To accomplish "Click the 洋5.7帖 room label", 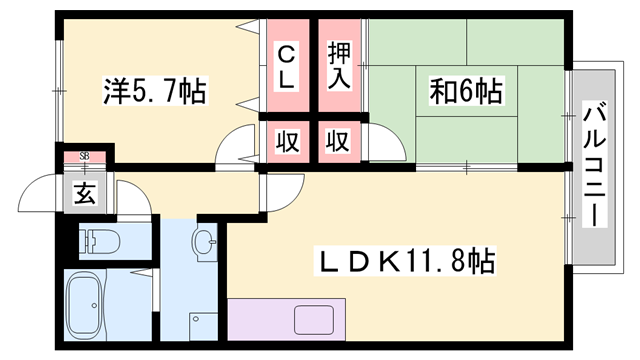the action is click(154, 93).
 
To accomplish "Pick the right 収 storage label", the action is click(338, 141).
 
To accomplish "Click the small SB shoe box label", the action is click(84, 156).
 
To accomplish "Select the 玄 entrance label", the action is click(85, 194).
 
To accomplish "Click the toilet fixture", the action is click(101, 240).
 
